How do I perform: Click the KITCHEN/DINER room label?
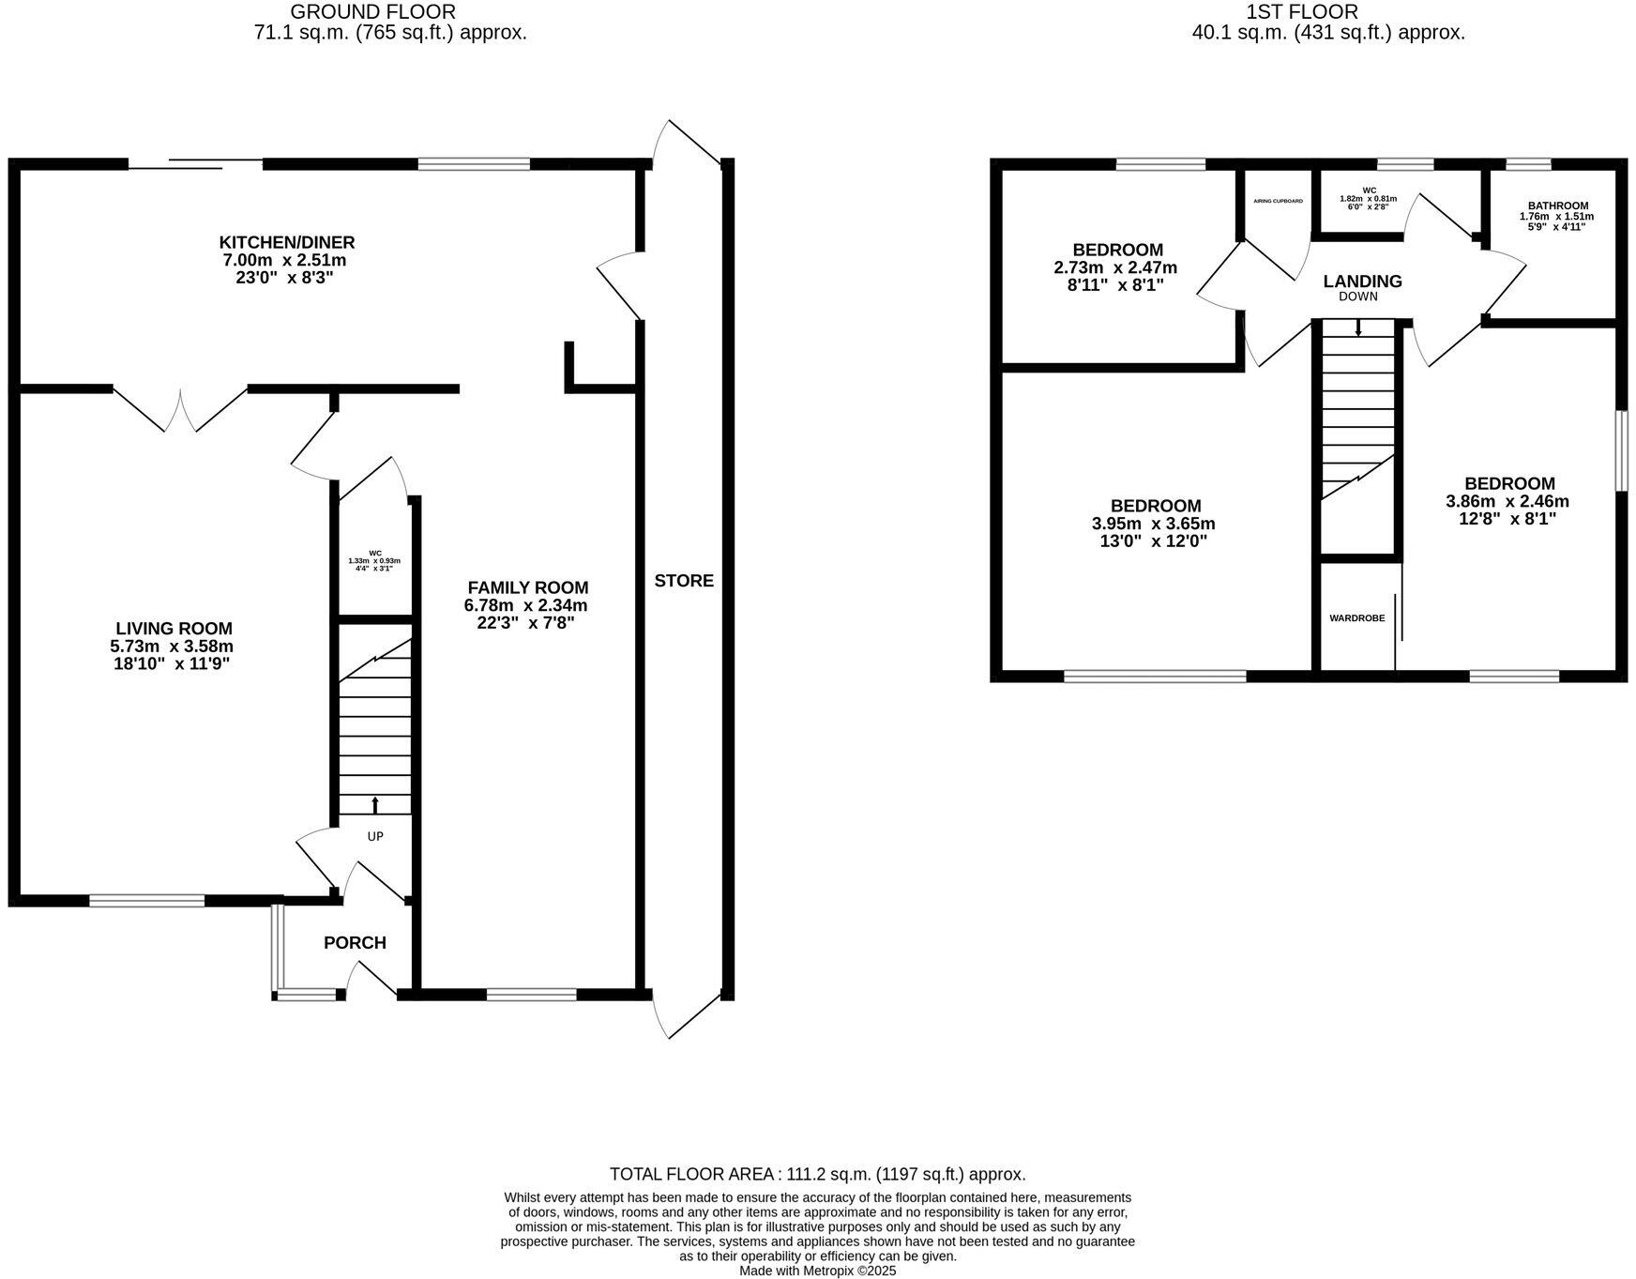tap(287, 243)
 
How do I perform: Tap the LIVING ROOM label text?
tap(174, 629)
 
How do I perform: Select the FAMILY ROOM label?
tap(527, 587)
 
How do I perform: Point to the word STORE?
tap(684, 581)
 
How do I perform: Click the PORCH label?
tap(355, 943)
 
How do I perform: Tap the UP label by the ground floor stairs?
tap(375, 836)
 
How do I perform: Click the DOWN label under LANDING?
tap(1358, 297)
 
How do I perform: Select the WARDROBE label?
tap(1356, 618)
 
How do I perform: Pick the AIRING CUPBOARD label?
tap(1278, 201)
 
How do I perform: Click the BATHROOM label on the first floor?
tap(1557, 206)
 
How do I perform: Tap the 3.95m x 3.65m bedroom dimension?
tap(1154, 525)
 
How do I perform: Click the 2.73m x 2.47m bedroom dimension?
tap(1115, 267)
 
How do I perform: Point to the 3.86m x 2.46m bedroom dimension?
tap(1507, 502)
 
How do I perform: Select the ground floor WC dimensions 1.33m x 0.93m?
tap(374, 561)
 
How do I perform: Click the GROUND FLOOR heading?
tap(372, 12)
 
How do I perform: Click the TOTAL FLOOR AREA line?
tap(817, 1174)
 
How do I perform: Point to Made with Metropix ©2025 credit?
tap(817, 1271)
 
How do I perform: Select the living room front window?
tap(147, 901)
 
